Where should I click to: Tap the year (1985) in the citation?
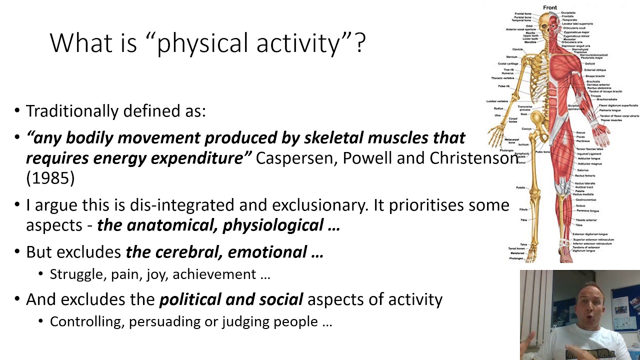coord(50,178)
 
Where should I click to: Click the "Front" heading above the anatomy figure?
coord(549,7)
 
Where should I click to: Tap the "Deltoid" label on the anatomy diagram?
coord(590,64)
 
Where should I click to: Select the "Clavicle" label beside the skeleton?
coord(517,49)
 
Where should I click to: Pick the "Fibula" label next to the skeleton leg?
coord(523,209)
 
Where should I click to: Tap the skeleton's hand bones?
coord(497,135)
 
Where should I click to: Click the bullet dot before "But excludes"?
coord(17,252)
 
